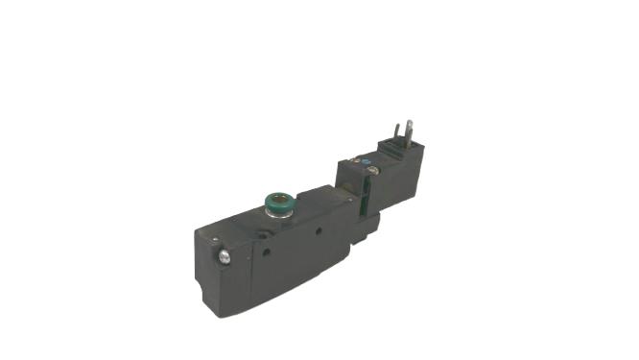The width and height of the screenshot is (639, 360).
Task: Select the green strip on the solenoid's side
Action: coord(366,196)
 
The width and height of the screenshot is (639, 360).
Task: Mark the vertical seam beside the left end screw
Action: coord(234,261)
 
